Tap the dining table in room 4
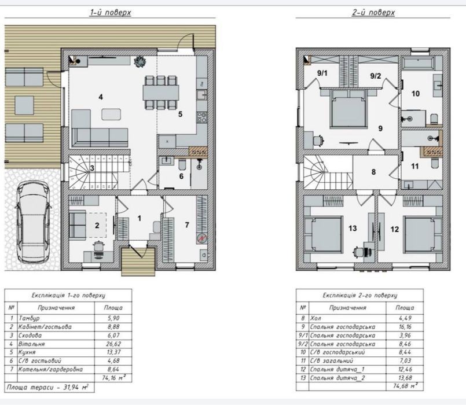(x=161, y=93)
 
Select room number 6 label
(x=181, y=176)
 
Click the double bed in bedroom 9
(x=348, y=109)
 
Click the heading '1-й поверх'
(x=110, y=13)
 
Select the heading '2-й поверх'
(x=373, y=13)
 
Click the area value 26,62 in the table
(x=113, y=344)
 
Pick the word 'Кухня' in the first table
(x=27, y=352)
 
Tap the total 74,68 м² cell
(x=405, y=386)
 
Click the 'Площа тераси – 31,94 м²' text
(x=47, y=388)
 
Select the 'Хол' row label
(x=315, y=318)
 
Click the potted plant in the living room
(x=140, y=62)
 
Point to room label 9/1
(x=322, y=73)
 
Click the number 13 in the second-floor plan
(x=353, y=229)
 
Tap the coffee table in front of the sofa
(x=111, y=115)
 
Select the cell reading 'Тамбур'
(x=29, y=318)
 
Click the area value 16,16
(x=405, y=327)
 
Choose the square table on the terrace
(x=24, y=105)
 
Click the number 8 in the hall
(x=373, y=172)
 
